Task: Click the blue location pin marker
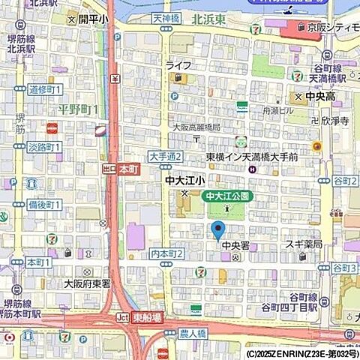coord(218,229)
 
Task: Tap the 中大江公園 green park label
coord(227,196)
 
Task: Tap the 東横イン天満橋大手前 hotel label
coord(252,157)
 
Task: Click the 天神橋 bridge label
coord(166,16)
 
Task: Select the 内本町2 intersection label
coord(166,254)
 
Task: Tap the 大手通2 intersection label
coord(165,156)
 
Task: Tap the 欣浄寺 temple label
coord(334,119)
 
